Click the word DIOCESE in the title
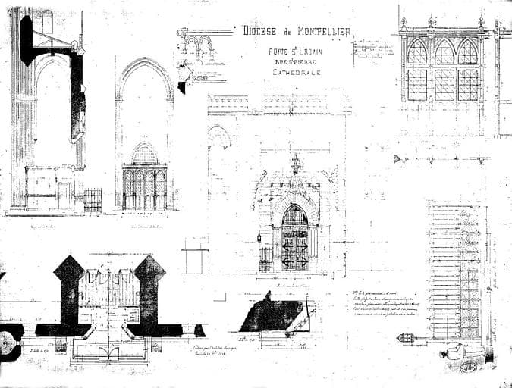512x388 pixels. pyautogui.click(x=261, y=31)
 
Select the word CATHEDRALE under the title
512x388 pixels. pyautogui.click(x=297, y=73)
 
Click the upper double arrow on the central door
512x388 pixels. pyautogui.click(x=295, y=246)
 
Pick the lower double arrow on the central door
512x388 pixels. pyautogui.click(x=295, y=261)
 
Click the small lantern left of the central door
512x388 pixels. pyautogui.click(x=259, y=238)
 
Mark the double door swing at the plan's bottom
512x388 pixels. pyautogui.click(x=109, y=352)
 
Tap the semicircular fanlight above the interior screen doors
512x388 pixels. pyautogui.click(x=144, y=155)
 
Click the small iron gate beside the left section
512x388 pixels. pyautogui.click(x=93, y=199)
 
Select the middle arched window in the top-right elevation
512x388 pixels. pyautogui.click(x=443, y=52)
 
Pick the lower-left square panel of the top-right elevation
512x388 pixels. pyautogui.click(x=417, y=84)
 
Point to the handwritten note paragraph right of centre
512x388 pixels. pyautogui.click(x=384, y=299)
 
